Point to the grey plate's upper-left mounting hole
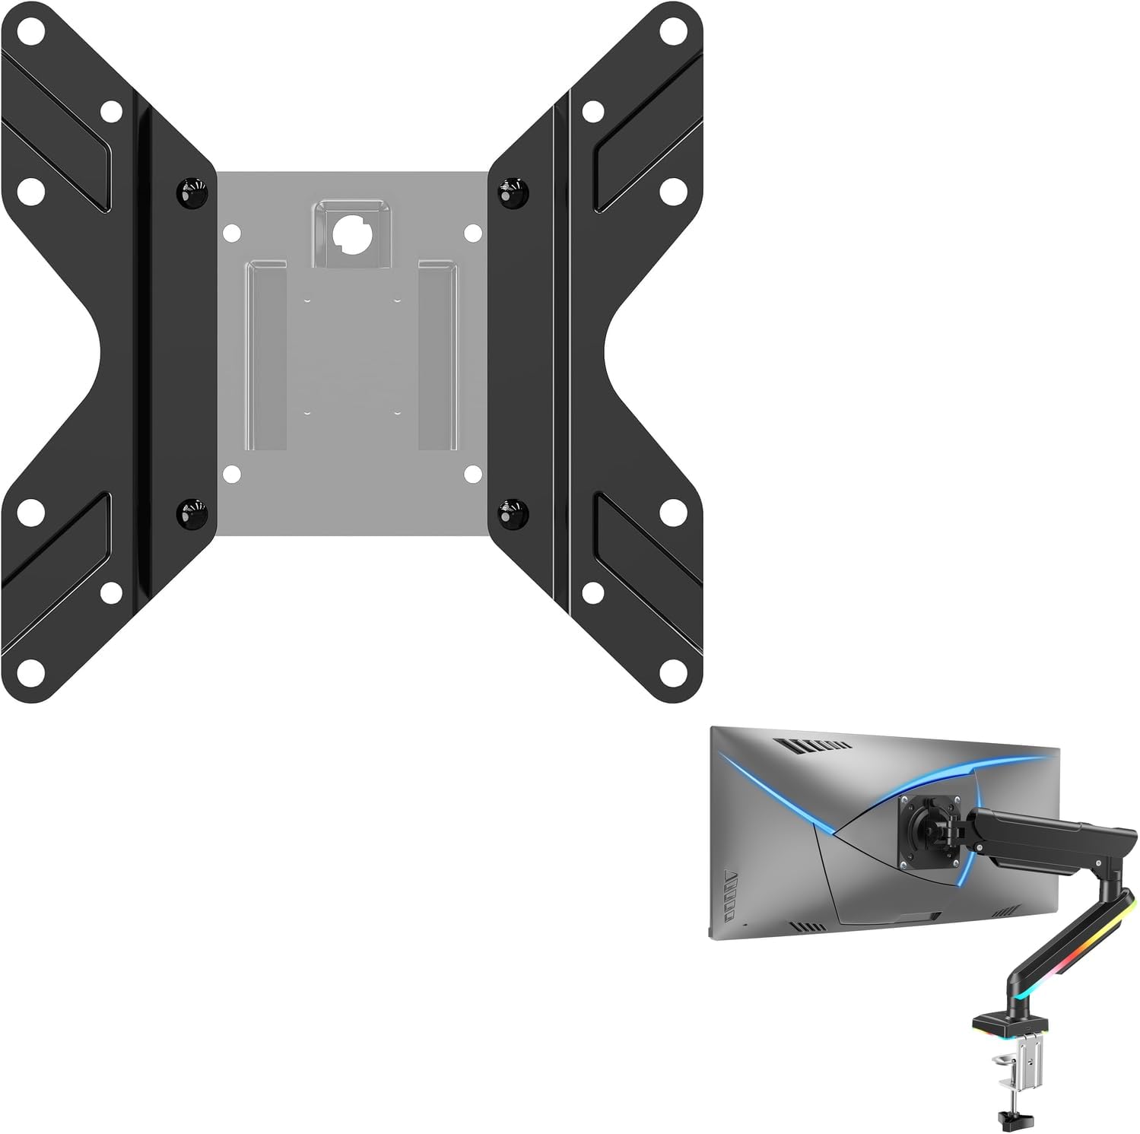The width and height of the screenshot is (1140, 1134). pyautogui.click(x=231, y=232)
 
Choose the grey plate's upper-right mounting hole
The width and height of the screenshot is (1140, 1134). pyautogui.click(x=472, y=232)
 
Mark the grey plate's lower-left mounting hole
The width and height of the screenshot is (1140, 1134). pyautogui.click(x=231, y=475)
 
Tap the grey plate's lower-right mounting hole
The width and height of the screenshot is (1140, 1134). pyautogui.click(x=472, y=475)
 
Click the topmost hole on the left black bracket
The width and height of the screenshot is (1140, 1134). pyautogui.click(x=31, y=31)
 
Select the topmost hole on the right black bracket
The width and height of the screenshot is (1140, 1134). pyautogui.click(x=672, y=31)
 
